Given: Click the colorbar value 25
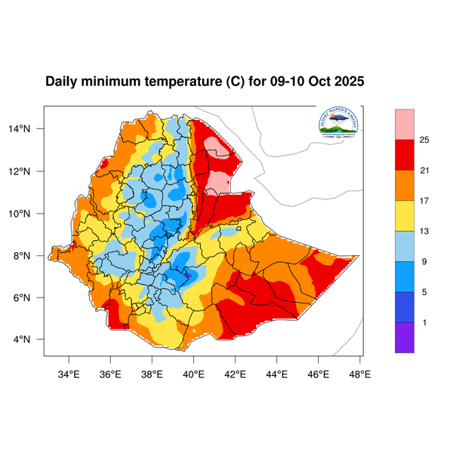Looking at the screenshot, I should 425,140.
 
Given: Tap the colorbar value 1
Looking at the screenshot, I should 425,322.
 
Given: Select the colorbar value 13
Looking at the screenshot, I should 425,231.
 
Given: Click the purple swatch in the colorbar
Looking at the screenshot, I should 405,337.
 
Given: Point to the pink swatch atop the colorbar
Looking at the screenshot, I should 405,124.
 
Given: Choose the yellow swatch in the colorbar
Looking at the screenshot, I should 405,215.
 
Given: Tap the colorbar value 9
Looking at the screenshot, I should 425,262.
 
